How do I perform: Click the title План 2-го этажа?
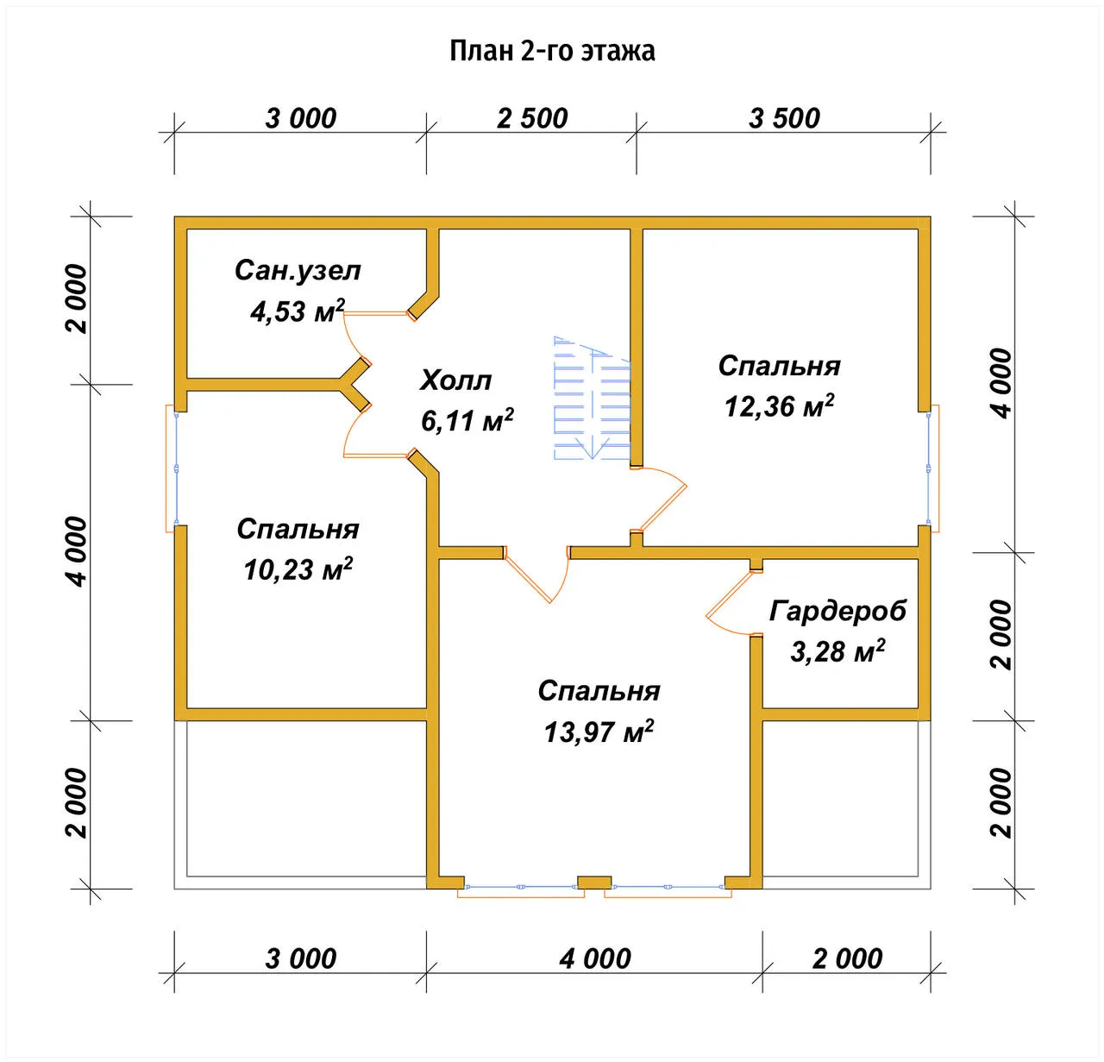(x=552, y=51)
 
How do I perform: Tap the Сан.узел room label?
(x=298, y=270)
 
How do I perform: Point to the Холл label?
(x=455, y=380)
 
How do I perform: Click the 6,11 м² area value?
(x=467, y=421)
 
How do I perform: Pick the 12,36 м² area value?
(x=779, y=405)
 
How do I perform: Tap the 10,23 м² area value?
(x=298, y=569)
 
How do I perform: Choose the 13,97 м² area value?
(x=599, y=732)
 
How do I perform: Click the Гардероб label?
(x=837, y=611)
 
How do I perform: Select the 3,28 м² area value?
(x=837, y=651)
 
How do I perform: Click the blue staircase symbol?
(x=592, y=398)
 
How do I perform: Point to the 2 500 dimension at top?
(x=532, y=118)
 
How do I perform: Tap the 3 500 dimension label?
(x=784, y=118)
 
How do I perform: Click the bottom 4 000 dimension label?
(x=594, y=958)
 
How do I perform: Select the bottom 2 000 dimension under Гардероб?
(x=847, y=958)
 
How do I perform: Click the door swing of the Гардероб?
(x=729, y=603)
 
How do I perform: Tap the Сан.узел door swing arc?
(x=353, y=335)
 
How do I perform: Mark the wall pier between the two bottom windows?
(x=594, y=883)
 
